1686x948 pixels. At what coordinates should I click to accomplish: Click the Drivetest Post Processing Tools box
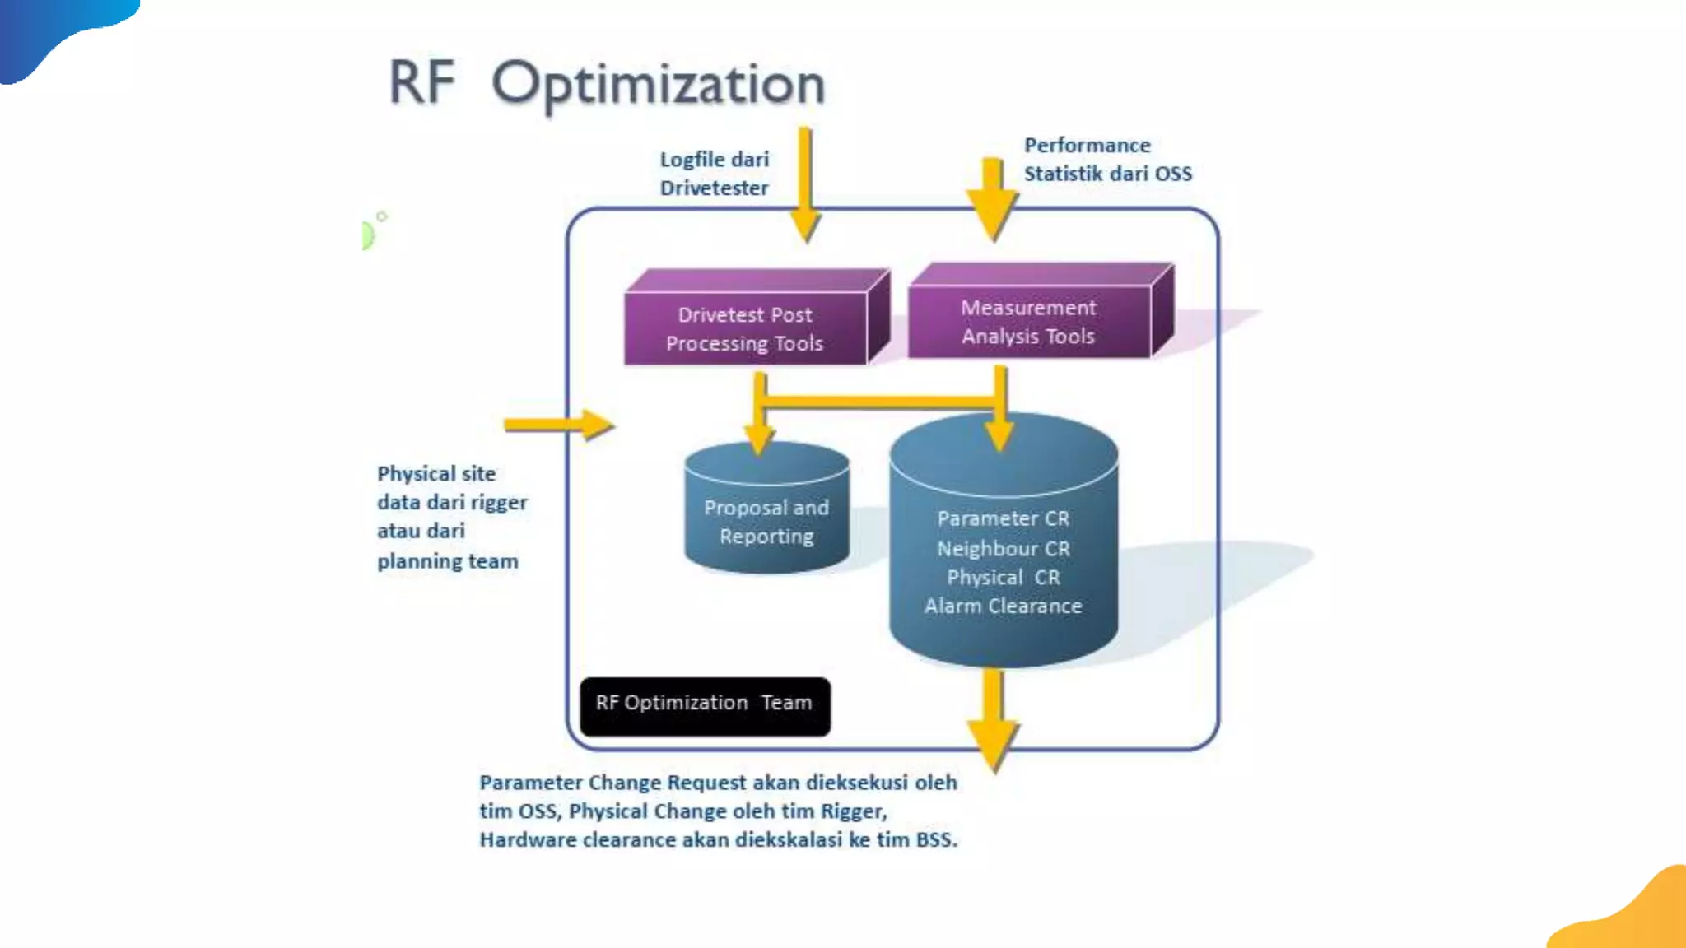(x=745, y=328)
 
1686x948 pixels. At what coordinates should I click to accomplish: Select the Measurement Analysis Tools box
(x=1028, y=322)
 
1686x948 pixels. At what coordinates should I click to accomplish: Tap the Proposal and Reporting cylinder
(x=766, y=522)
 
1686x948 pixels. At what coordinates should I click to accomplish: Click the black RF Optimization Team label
(x=705, y=704)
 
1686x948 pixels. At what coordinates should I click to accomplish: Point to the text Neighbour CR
(x=1004, y=549)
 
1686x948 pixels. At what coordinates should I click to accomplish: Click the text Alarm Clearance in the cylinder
(x=1004, y=606)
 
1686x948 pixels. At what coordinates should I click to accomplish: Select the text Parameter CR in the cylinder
(x=1004, y=519)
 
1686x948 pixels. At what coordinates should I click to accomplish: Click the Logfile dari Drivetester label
(x=715, y=174)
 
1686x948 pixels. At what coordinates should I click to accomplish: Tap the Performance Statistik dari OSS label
(x=1107, y=160)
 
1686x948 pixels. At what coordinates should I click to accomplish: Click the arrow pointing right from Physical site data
(x=560, y=425)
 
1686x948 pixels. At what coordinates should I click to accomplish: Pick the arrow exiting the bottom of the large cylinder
(x=994, y=720)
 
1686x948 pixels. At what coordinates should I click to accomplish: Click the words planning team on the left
(x=448, y=561)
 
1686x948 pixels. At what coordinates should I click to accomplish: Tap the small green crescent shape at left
(x=368, y=235)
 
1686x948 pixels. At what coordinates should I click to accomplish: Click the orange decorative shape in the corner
(x=1634, y=913)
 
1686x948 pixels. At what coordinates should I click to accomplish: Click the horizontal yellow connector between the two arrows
(x=878, y=402)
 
